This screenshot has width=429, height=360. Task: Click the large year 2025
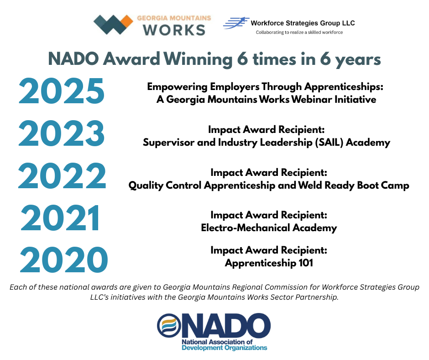pyautogui.click(x=62, y=91)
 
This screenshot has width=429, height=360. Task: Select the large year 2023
pyautogui.click(x=62, y=134)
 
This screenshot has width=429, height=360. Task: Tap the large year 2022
pyautogui.click(x=62, y=176)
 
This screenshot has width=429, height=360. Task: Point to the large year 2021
pyautogui.click(x=60, y=218)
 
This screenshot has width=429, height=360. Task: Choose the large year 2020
pyautogui.click(x=64, y=260)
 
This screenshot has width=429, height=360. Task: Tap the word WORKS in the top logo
pyautogui.click(x=174, y=30)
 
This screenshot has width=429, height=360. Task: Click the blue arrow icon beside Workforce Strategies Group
pyautogui.click(x=236, y=23)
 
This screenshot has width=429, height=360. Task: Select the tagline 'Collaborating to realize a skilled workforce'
pyautogui.click(x=299, y=32)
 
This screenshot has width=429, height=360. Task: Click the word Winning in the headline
pyautogui.click(x=199, y=59)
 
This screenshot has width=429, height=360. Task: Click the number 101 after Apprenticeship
pyautogui.click(x=306, y=263)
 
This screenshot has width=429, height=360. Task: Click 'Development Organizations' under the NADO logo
pyautogui.click(x=225, y=348)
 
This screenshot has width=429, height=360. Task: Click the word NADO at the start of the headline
pyautogui.click(x=73, y=59)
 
